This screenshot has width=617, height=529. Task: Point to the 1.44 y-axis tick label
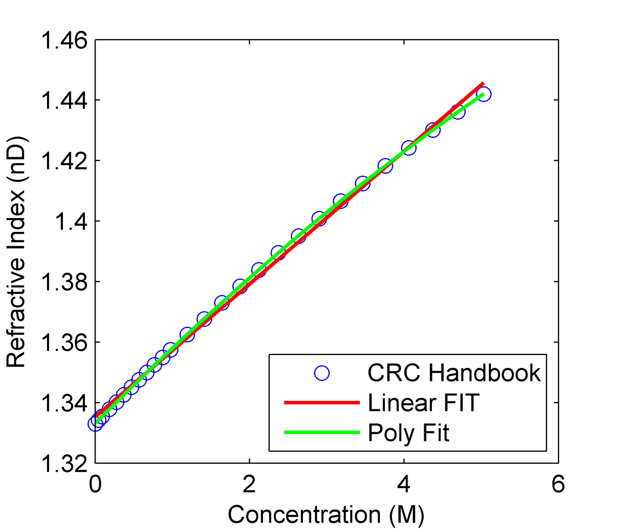tap(64, 101)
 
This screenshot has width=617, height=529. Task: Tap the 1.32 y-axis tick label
tap(64, 464)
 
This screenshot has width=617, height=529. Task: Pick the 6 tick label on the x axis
tap(558, 484)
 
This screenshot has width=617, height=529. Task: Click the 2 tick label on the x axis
tap(249, 484)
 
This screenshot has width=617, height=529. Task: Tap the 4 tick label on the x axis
tap(404, 484)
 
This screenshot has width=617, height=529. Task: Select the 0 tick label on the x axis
tap(95, 484)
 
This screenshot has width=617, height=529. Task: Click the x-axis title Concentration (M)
tap(326, 514)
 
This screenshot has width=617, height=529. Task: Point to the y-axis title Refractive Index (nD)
tap(16, 252)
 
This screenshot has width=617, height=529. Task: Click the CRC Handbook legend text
tap(454, 373)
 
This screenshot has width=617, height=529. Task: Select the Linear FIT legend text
tap(423, 403)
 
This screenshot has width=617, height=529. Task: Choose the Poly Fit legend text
tap(408, 433)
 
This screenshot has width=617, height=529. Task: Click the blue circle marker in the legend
tap(322, 373)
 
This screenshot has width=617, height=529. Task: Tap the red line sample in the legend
tap(322, 403)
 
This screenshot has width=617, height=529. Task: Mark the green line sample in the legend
tap(322, 433)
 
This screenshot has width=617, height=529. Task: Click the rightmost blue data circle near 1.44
tap(484, 94)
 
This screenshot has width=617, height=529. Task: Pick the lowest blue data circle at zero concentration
tap(95, 424)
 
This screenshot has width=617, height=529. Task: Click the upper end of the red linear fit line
tap(482, 83)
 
